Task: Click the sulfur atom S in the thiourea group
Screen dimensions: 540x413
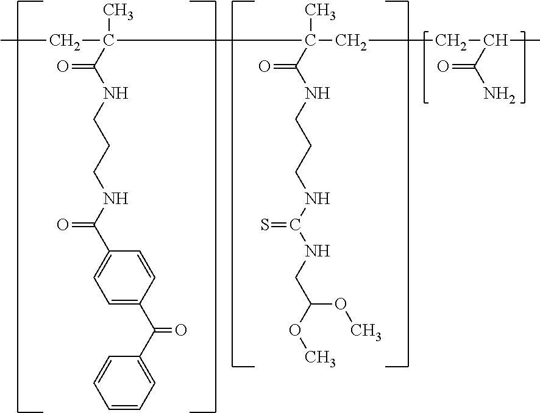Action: [x=265, y=226]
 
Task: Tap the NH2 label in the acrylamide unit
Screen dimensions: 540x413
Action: [x=499, y=93]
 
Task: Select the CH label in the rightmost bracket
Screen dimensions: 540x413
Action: [x=496, y=41]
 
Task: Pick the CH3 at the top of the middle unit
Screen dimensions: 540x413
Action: [x=320, y=12]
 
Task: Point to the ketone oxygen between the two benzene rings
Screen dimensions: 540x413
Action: [x=181, y=330]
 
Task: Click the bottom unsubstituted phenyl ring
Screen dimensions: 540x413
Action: [x=124, y=383]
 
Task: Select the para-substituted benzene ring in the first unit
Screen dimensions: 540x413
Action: [x=124, y=277]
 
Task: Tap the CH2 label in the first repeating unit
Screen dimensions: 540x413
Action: [x=65, y=41]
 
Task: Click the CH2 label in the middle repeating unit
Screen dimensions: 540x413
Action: [x=351, y=41]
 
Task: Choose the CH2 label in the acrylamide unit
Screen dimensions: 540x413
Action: [x=451, y=41]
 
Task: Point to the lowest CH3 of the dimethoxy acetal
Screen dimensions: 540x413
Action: [x=320, y=358]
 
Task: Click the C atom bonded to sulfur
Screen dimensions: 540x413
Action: [x=295, y=226]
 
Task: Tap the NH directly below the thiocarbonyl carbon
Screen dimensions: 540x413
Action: [x=318, y=252]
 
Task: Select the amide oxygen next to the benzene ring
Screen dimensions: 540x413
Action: [x=63, y=225]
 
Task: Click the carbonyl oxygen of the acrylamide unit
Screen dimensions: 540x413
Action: [x=443, y=66]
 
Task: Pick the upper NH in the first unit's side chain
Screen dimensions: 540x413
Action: [x=116, y=93]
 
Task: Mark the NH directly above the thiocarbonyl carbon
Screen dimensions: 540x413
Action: [x=318, y=199]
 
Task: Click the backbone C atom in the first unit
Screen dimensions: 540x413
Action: [x=108, y=41]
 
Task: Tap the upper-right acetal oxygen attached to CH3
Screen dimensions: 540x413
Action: [x=341, y=304]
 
